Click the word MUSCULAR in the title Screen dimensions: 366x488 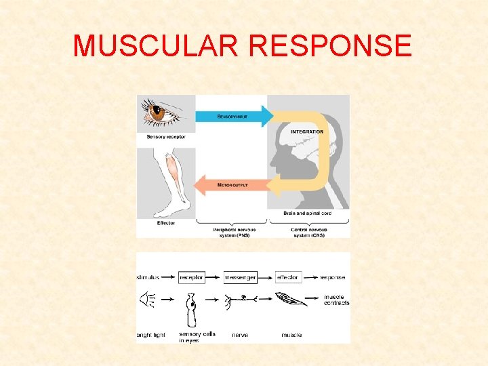[157, 46]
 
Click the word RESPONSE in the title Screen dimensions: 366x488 [331, 46]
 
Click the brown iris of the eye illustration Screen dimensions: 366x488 [158, 114]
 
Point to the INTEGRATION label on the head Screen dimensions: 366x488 [307, 131]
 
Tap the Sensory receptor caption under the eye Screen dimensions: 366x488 [166, 137]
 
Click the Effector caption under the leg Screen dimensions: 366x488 [165, 223]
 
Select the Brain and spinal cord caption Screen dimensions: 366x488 [308, 213]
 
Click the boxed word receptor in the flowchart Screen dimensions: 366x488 [191, 277]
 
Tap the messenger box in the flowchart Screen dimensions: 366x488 [240, 277]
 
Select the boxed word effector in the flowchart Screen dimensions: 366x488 [288, 277]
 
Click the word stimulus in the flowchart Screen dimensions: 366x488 [148, 277]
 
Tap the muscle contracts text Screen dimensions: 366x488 [337, 300]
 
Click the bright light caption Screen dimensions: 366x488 [151, 335]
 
